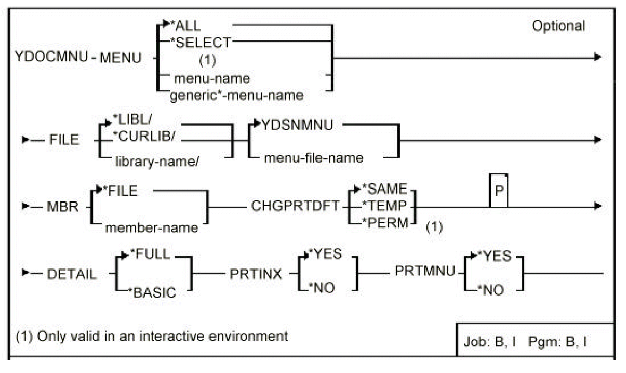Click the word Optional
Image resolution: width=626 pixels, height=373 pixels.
558,26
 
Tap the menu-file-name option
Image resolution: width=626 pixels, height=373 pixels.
314,158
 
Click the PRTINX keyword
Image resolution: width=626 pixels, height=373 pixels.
263,273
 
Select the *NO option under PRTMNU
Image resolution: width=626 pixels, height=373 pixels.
492,290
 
